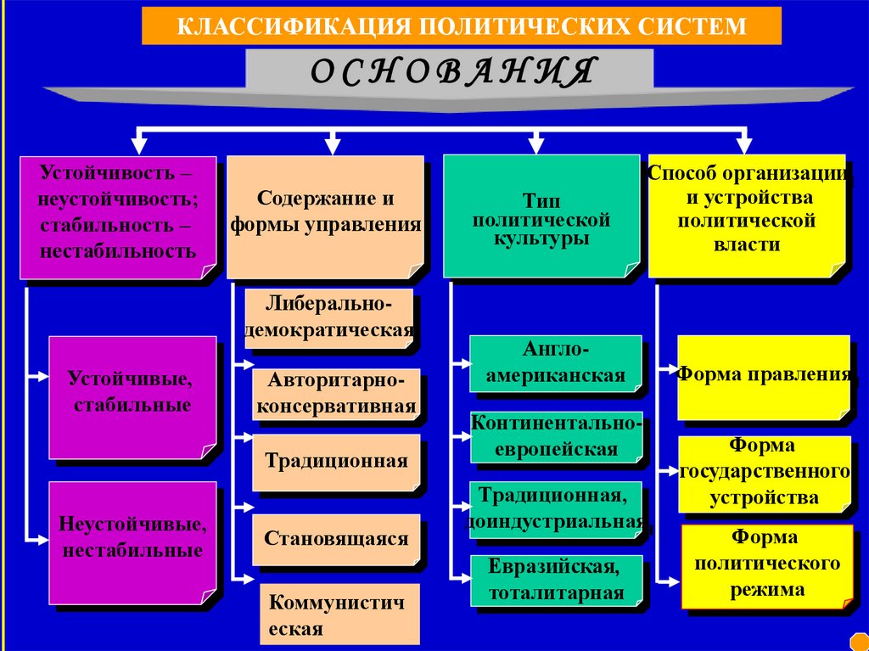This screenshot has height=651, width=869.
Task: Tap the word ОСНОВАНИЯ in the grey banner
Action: click(x=450, y=71)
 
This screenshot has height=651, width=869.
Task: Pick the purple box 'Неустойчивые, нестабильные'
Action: click(x=131, y=542)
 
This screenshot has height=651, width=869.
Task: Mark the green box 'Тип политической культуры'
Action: click(x=541, y=216)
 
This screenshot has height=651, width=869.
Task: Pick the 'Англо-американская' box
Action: click(x=556, y=364)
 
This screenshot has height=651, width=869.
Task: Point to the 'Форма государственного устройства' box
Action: click(x=765, y=474)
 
